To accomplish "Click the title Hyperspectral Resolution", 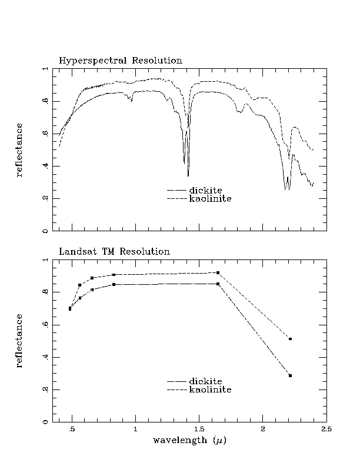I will point(121,61).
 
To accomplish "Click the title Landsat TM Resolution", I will point(114,251).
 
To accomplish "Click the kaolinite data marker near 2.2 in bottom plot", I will point(291,339).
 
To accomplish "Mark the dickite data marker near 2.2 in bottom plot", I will point(291,375).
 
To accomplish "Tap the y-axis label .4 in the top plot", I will point(45,166).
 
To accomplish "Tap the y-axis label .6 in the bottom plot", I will point(45,325).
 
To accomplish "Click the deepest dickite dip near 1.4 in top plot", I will point(188,175).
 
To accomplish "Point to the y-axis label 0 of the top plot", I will point(45,231).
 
